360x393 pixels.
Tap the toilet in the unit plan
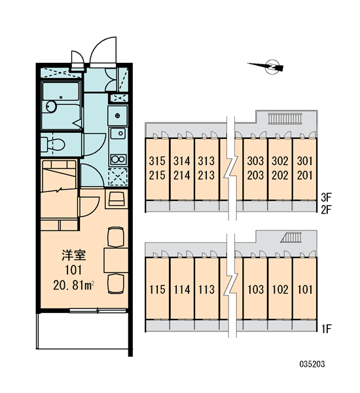pyautogui.click(x=53, y=144)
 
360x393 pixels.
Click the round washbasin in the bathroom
pyautogui.click(x=51, y=107)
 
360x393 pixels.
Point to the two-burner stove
pyautogui.click(x=118, y=159)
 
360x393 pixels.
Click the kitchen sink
pyautogui.click(x=118, y=134)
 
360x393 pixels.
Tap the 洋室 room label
pyautogui.click(x=74, y=255)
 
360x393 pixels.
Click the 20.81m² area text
pyautogui.click(x=74, y=285)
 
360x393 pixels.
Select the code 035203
pyautogui.click(x=312, y=364)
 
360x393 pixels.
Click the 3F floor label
pyautogui.click(x=326, y=198)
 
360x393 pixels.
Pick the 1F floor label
pyautogui.click(x=327, y=329)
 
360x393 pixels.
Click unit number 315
pyautogui.click(x=157, y=161)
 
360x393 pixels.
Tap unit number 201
pyautogui.click(x=304, y=176)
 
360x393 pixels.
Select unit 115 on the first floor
pyautogui.click(x=157, y=290)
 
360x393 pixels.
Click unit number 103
pyautogui.click(x=255, y=290)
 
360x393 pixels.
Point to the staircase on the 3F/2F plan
pyautogui.click(x=285, y=119)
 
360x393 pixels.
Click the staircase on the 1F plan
pyautogui.click(x=291, y=237)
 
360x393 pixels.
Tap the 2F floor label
pyautogui.click(x=326, y=210)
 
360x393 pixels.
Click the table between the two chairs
pyautogui.click(x=116, y=260)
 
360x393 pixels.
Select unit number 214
pyautogui.click(x=181, y=176)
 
